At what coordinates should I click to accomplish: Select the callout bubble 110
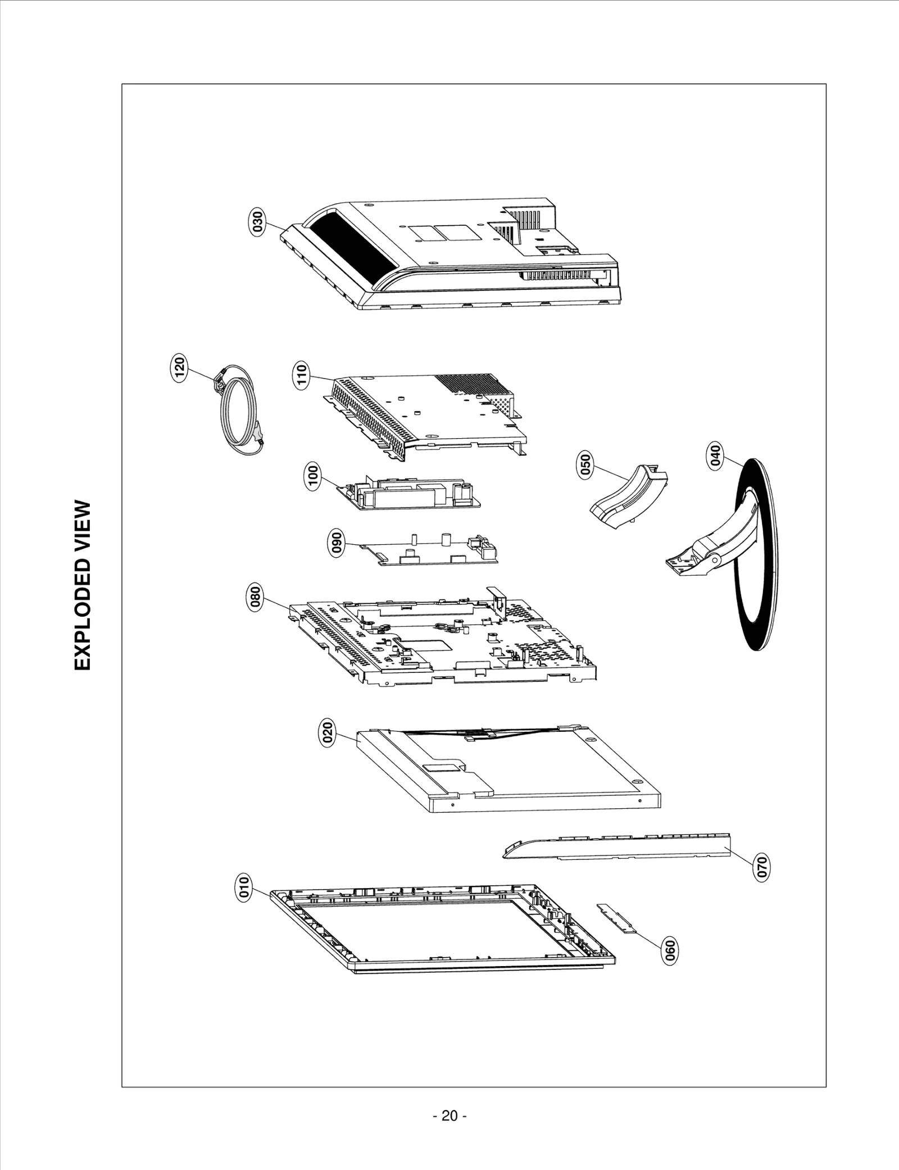point(302,375)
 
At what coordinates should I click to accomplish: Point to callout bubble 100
point(313,476)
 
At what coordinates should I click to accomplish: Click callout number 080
point(255,598)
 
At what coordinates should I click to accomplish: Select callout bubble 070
point(762,882)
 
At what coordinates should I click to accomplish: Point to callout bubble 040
point(715,457)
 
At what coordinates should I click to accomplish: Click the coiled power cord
point(239,410)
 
